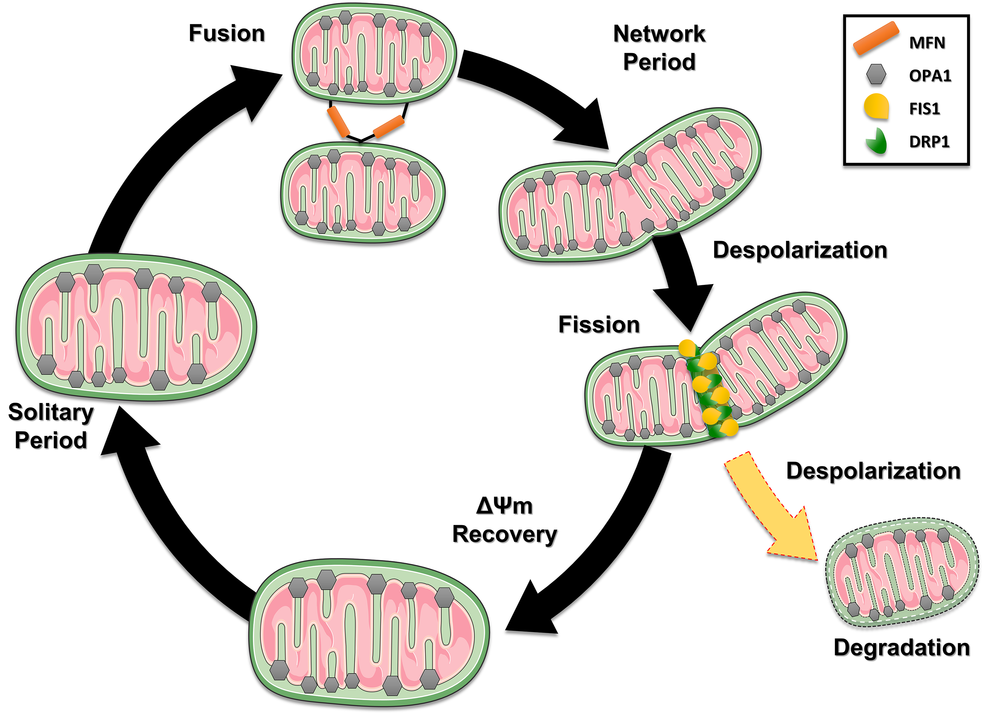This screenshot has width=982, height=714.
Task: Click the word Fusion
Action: (x=227, y=33)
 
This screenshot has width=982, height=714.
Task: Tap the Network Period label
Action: (x=659, y=47)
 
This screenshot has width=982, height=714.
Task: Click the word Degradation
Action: (x=901, y=648)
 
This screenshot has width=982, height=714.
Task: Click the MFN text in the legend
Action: (x=927, y=43)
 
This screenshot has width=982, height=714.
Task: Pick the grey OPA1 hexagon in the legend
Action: (x=876, y=74)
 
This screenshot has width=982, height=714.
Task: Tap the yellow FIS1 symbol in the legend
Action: (x=876, y=107)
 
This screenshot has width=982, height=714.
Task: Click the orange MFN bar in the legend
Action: (x=876, y=39)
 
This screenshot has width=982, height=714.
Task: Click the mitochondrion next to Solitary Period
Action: (x=136, y=327)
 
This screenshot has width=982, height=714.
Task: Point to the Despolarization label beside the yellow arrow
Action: (x=873, y=471)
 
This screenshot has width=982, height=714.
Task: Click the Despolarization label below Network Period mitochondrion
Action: (x=800, y=250)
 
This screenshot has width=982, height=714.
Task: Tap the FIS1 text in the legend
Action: (x=925, y=108)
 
